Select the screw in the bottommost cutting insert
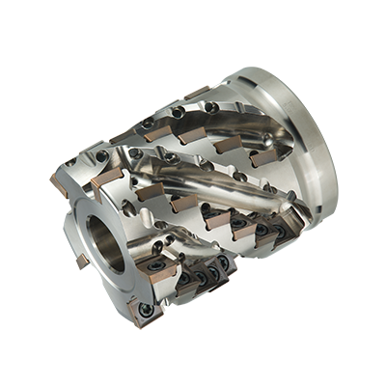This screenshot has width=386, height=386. pyautogui.click(x=145, y=310)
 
